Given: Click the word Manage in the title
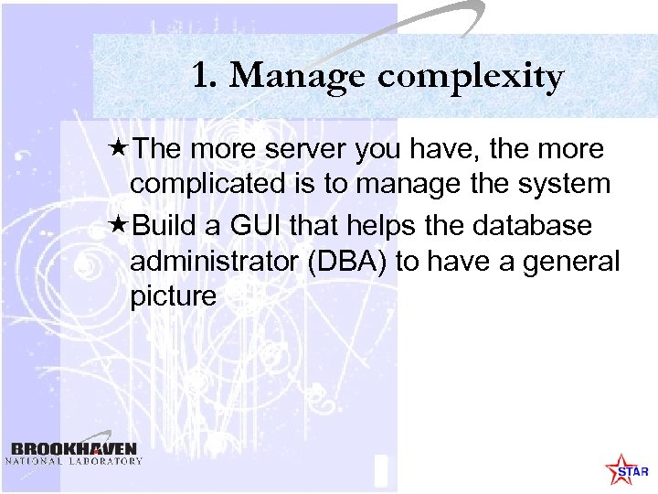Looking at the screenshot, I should (293, 78).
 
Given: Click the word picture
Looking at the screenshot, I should (174, 297).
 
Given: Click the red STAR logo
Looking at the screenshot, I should (627, 470).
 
